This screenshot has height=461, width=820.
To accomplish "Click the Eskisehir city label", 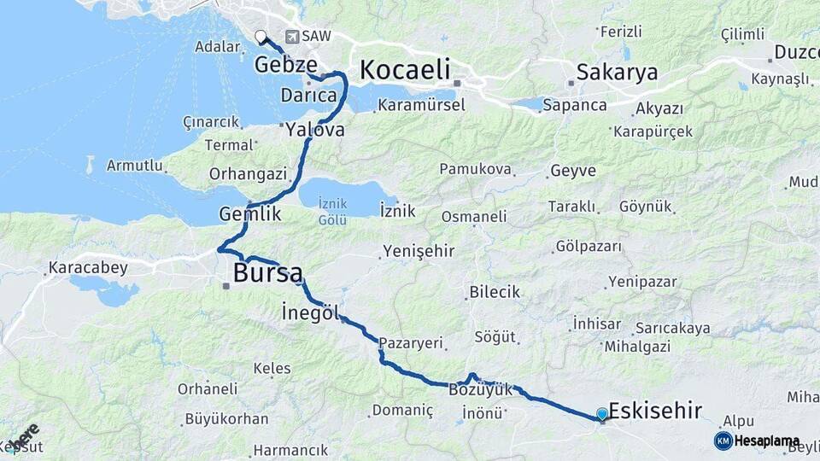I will pyautogui.click(x=655, y=411).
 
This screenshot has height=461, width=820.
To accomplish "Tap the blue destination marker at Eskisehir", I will pyautogui.click(x=602, y=415).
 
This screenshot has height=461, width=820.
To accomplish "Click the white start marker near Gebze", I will pyautogui.click(x=261, y=36).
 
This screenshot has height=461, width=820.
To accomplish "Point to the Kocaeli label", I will pyautogui.click(x=405, y=69).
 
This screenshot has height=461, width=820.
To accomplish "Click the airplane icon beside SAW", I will pyautogui.click(x=293, y=37).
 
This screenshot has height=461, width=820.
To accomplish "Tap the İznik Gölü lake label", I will pyautogui.click(x=332, y=212).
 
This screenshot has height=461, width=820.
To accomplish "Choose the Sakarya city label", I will pyautogui.click(x=617, y=72).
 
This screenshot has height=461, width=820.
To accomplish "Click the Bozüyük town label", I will pyautogui.click(x=481, y=389).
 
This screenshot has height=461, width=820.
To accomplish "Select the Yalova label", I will pyautogui.click(x=315, y=130).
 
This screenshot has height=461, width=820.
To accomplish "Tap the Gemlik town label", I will pyautogui.click(x=250, y=214).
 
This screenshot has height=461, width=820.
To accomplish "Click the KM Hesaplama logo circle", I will pyautogui.click(x=723, y=441).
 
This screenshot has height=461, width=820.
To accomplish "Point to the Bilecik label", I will pyautogui.click(x=495, y=292).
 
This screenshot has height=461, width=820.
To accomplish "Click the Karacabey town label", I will pyautogui.click(x=88, y=268).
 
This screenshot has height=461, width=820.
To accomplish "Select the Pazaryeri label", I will pyautogui.click(x=412, y=343).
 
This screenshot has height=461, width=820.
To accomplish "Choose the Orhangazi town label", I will pyautogui.click(x=248, y=173).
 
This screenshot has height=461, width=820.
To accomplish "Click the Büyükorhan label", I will pyautogui.click(x=226, y=419).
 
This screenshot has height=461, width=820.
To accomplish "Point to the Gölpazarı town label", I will pyautogui.click(x=589, y=246).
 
